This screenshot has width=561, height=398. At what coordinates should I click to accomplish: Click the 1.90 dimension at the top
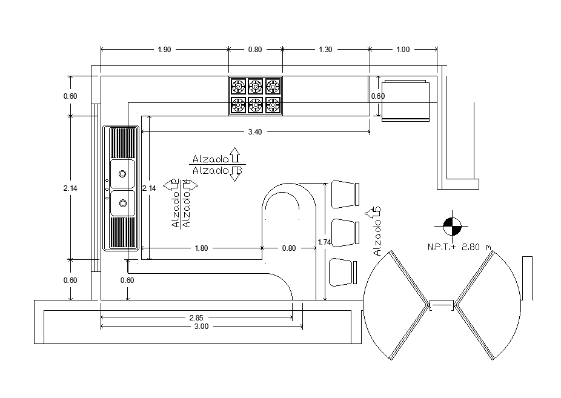[x=164, y=50]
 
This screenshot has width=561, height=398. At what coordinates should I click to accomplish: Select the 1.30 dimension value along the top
[x=325, y=50]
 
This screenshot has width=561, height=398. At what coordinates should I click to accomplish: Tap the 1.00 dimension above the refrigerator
[x=403, y=50]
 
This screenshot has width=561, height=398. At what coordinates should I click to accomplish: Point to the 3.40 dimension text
[x=255, y=131]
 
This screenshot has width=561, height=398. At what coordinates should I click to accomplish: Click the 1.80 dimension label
[x=201, y=248]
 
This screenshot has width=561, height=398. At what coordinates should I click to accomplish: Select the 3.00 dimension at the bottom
[x=201, y=327]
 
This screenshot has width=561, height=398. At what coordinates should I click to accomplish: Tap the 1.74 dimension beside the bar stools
[x=325, y=242]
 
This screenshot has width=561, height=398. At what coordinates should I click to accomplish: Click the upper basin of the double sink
[x=122, y=174]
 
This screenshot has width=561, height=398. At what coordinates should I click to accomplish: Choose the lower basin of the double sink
[x=122, y=203]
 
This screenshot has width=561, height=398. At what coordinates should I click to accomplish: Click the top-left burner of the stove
[x=238, y=85]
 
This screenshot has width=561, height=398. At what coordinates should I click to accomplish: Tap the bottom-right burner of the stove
[x=273, y=105]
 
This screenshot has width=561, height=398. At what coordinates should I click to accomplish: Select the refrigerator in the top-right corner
[x=405, y=100]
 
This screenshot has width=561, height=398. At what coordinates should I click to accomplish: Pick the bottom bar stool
[x=342, y=271]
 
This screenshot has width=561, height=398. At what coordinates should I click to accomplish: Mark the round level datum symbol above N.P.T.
[x=451, y=227]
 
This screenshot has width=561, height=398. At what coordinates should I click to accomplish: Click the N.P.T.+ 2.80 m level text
[x=458, y=247]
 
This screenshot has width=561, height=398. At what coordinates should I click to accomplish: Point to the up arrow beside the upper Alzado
[x=235, y=155]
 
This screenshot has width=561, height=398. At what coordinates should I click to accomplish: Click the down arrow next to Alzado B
[x=235, y=173]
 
